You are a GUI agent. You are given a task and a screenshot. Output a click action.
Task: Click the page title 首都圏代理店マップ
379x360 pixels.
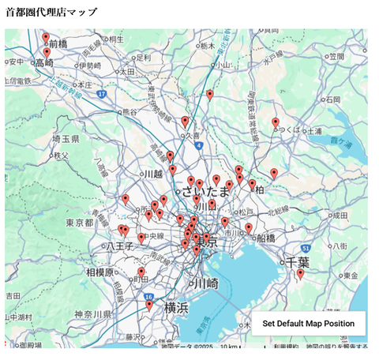(52, 13)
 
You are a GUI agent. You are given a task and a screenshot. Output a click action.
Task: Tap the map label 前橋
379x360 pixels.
(58, 44)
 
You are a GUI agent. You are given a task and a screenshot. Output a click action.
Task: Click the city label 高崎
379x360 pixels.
(44, 62)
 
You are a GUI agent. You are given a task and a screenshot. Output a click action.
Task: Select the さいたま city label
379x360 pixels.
(205, 192)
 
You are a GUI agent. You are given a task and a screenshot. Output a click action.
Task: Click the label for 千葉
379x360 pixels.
(298, 261)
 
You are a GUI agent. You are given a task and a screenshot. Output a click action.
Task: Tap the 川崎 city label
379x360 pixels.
(205, 283)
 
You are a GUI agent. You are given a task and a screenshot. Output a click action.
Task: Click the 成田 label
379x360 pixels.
(340, 213)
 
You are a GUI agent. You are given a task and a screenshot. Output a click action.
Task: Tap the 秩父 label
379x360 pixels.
(61, 156)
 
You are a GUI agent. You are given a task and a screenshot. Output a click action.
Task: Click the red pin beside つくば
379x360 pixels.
(276, 123)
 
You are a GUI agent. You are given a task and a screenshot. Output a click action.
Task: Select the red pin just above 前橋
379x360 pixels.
(46, 37)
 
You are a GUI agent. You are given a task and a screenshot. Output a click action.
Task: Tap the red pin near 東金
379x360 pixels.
(300, 274)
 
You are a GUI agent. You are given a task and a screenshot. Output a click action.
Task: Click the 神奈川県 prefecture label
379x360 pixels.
(93, 314)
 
